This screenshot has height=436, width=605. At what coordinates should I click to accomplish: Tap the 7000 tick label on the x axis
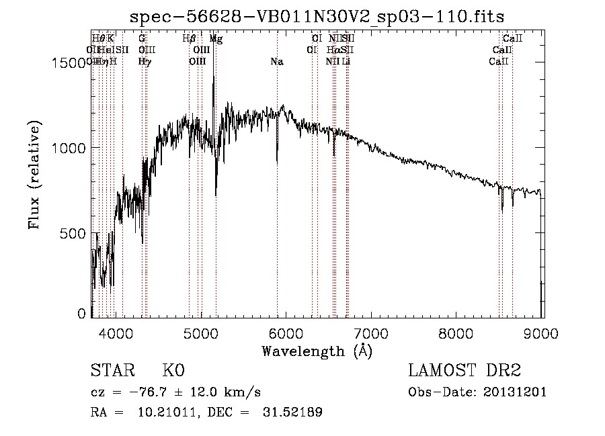point(372,332)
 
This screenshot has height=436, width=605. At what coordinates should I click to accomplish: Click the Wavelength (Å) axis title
point(317,351)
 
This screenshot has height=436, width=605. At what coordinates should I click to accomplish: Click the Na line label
point(276,62)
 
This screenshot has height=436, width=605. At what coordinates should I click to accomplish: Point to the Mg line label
point(216,39)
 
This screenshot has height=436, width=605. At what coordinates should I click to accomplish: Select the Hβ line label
point(189,39)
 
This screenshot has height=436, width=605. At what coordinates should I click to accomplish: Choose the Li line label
point(346,62)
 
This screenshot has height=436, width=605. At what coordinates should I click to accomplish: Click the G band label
point(142,39)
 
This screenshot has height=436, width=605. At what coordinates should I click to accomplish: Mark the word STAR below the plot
point(110,371)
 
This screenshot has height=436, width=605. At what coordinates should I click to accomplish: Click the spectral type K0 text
point(173,371)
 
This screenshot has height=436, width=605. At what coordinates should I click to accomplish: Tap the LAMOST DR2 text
point(465,371)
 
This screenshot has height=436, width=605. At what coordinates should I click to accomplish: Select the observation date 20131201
point(516,392)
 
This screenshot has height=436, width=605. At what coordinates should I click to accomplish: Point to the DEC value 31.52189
point(293,412)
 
